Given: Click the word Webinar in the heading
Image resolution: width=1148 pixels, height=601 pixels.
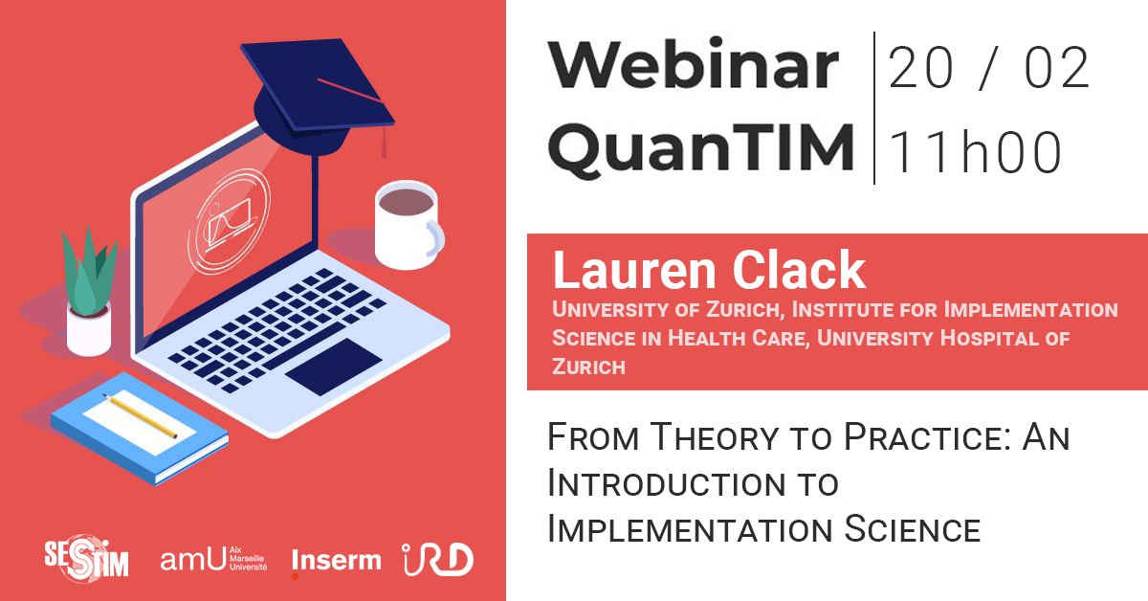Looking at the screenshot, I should [x=693, y=66].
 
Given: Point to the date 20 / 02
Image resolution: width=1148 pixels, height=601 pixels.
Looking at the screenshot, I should [x=989, y=68].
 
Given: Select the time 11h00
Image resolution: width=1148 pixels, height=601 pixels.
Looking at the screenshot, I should [x=976, y=151].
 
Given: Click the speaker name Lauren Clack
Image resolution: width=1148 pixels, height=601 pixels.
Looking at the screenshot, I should [x=709, y=272].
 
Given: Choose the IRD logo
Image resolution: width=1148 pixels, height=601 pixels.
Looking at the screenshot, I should [x=437, y=559].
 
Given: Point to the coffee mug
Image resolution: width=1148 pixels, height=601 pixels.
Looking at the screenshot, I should [x=407, y=223].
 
